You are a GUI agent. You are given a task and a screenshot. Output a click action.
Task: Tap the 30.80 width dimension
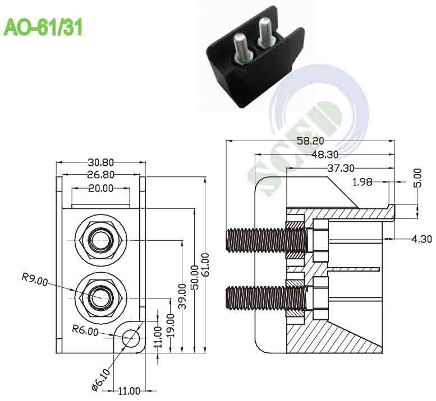[x=100, y=162]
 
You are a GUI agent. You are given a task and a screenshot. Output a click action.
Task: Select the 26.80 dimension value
[x=100, y=174]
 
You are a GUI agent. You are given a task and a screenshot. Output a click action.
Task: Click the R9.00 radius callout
[x=34, y=277]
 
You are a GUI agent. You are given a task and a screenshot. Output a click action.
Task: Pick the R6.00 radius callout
[x=85, y=330]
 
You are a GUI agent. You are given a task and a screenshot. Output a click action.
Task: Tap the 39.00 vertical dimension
[x=182, y=296]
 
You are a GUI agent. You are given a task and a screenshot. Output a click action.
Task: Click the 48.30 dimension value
[x=324, y=154]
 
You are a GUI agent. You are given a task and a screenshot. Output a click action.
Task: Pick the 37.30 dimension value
[x=339, y=167]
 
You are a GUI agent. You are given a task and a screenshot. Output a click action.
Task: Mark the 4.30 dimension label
[x=421, y=239]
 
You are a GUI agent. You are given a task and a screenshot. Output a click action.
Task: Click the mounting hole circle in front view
[x=131, y=338]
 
